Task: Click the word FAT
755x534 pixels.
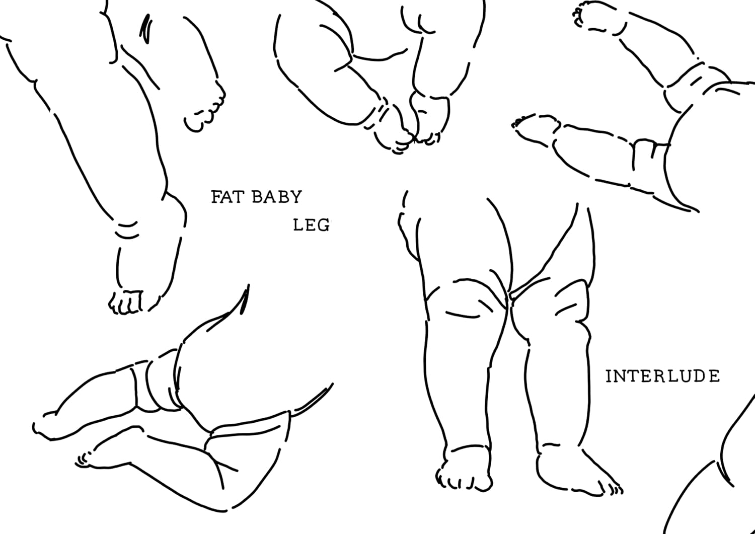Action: point(228,197)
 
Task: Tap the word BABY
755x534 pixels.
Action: point(277,197)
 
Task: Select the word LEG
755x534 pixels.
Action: point(311,225)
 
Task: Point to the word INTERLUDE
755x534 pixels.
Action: point(662,376)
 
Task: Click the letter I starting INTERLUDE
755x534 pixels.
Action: point(609,376)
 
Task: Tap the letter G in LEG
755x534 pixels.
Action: point(324,225)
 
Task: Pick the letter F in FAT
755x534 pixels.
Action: point(216,197)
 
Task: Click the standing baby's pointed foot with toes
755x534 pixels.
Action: point(580,475)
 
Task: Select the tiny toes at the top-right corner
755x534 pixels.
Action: point(578,14)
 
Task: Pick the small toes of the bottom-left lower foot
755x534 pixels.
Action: point(82,460)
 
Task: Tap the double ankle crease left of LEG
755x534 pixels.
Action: point(127,230)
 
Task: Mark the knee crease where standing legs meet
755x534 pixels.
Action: point(508,300)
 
